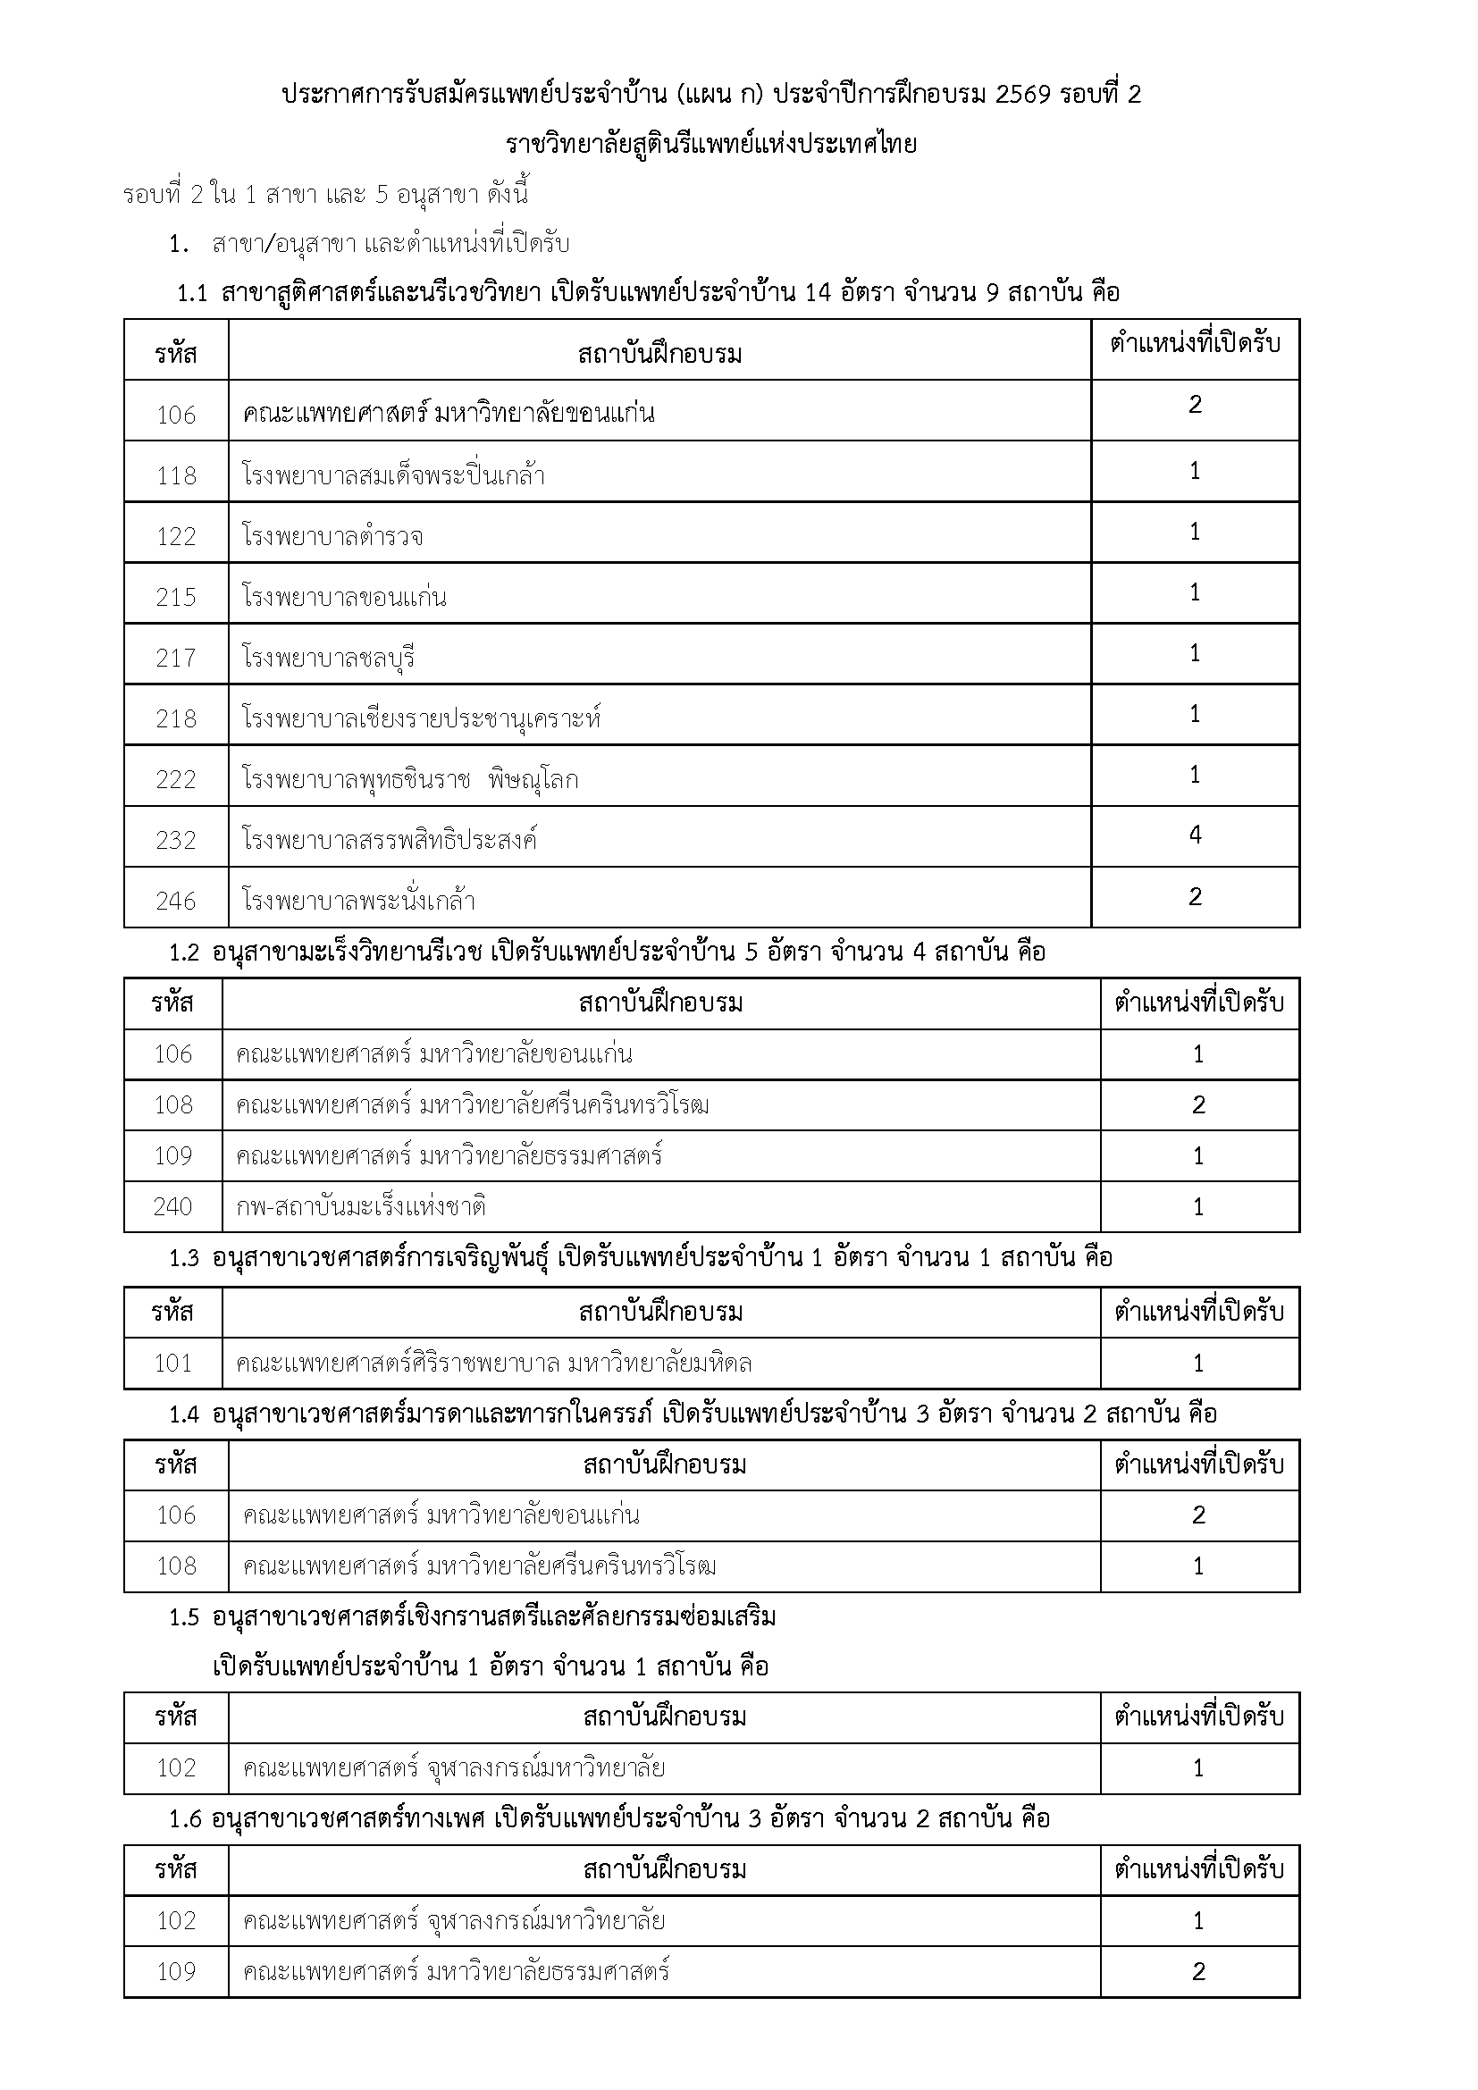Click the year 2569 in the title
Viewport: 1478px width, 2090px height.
1024,95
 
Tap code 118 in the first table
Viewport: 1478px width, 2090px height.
176,475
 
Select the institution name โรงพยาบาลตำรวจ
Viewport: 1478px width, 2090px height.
332,536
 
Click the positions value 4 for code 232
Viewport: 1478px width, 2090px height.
1195,835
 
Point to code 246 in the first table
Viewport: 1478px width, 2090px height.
176,902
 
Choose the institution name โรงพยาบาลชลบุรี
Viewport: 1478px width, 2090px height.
329,658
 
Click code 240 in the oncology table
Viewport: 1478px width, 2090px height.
173,1207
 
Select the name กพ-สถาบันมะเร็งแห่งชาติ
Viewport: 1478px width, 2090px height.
360,1207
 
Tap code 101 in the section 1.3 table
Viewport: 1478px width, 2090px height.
173,1364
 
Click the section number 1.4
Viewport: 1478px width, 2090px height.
184,1414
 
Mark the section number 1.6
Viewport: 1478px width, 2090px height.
184,1819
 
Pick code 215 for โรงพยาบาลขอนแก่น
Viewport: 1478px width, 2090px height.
176,597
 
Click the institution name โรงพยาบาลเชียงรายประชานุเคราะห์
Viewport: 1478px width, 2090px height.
423,718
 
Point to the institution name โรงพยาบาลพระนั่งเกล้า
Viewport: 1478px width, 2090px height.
358,902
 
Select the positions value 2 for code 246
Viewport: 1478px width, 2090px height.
1195,896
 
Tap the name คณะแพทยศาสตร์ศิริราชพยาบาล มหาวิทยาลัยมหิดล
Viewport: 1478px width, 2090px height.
494,1364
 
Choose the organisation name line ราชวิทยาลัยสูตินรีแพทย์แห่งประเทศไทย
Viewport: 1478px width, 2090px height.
710,144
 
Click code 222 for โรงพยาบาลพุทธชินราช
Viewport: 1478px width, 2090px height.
176,779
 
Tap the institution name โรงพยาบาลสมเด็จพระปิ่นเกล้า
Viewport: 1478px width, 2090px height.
394,475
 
